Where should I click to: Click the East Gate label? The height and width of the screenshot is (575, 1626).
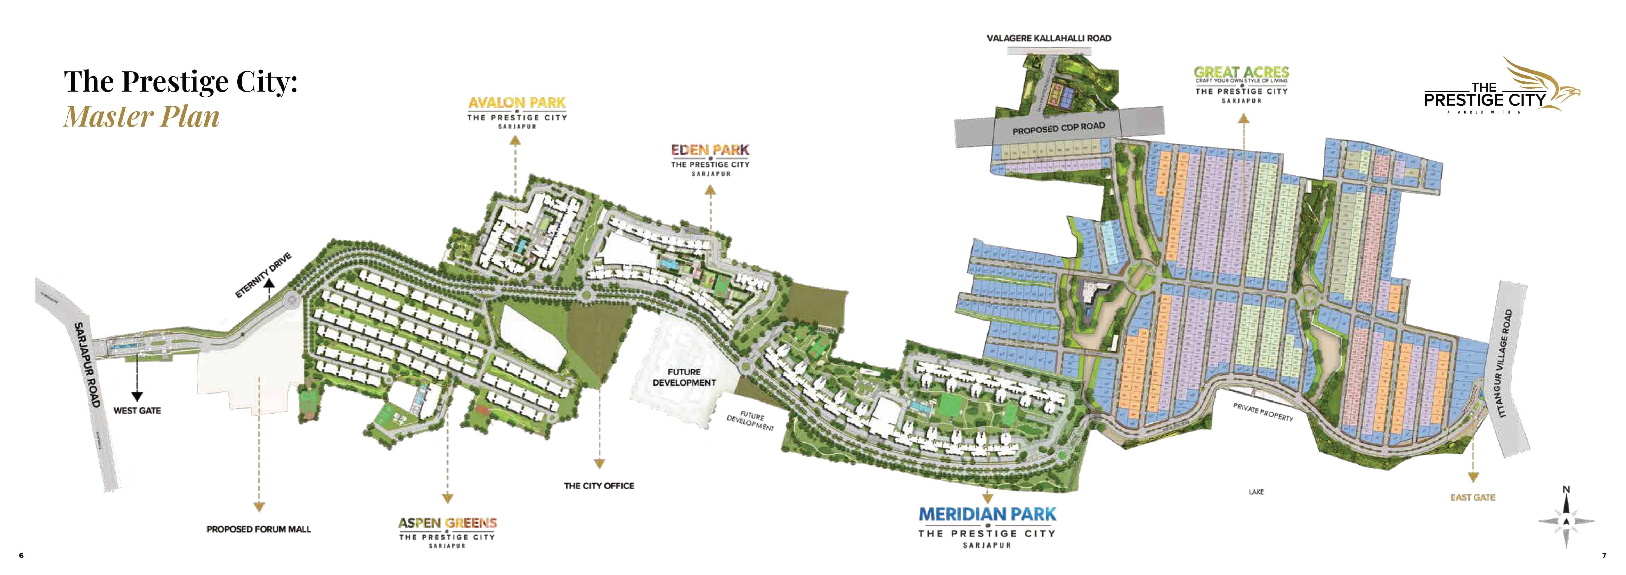pos(1473,497)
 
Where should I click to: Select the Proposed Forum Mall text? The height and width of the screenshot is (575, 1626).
pos(259,529)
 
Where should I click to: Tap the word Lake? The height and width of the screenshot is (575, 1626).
pos(1256,492)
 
